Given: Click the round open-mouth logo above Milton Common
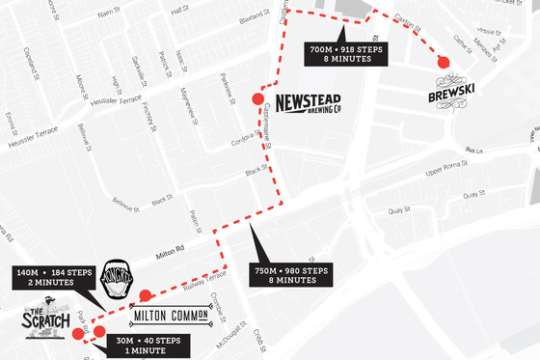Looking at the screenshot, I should click(115, 279).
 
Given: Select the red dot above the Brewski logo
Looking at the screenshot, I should click(443, 63).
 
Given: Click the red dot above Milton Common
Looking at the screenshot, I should click(145, 295).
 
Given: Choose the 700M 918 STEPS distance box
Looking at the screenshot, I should click(345, 52).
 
